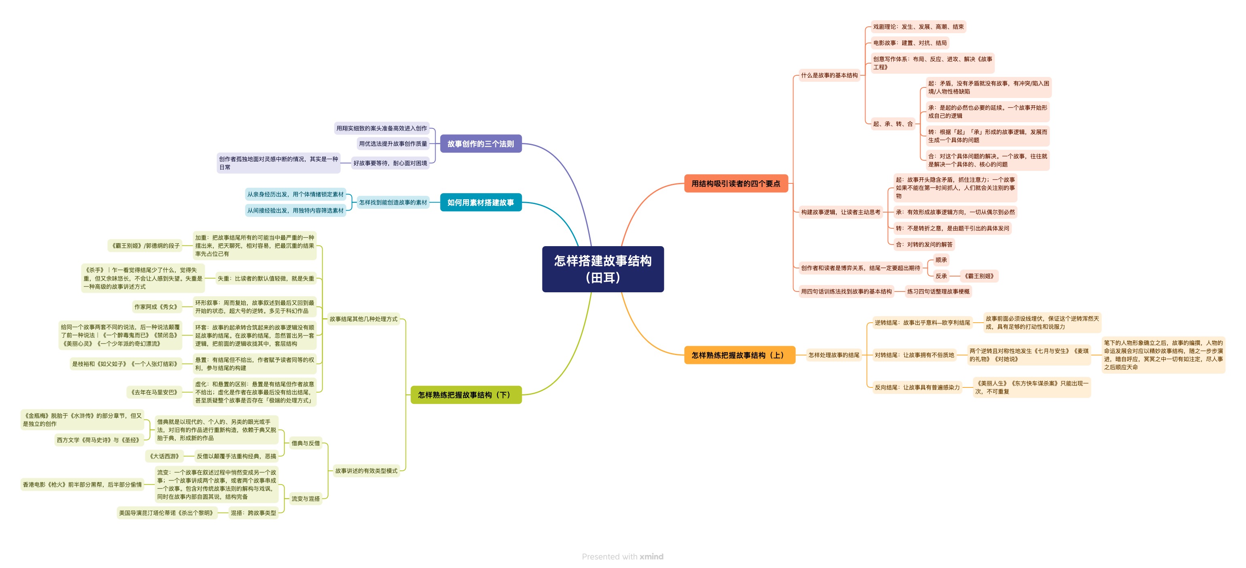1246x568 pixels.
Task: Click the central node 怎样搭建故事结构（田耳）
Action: coord(603,269)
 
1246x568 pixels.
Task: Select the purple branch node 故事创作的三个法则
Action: coord(481,144)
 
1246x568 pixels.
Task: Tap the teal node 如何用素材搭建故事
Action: coord(481,202)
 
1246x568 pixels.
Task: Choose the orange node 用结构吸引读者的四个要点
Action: coord(736,183)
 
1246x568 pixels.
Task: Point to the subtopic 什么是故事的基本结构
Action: coord(829,75)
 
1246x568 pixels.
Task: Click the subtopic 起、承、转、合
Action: coord(893,124)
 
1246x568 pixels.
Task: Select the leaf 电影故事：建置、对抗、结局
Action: coord(909,43)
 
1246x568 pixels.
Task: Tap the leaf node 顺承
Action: coord(941,260)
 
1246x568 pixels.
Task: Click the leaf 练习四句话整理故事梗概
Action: coord(938,292)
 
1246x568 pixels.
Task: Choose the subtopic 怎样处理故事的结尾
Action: coord(834,355)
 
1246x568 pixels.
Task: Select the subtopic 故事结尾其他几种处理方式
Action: coord(363,319)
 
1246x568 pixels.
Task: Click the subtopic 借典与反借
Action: coord(305,443)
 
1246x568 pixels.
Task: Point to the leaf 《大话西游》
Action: coord(164,456)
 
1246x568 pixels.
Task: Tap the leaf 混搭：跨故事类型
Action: coord(253,513)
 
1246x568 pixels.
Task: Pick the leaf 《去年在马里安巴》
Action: coord(154,392)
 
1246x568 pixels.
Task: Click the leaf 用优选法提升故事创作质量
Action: coord(393,144)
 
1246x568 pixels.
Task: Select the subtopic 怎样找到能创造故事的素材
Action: coord(393,203)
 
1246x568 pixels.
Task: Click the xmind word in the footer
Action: coord(651,556)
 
